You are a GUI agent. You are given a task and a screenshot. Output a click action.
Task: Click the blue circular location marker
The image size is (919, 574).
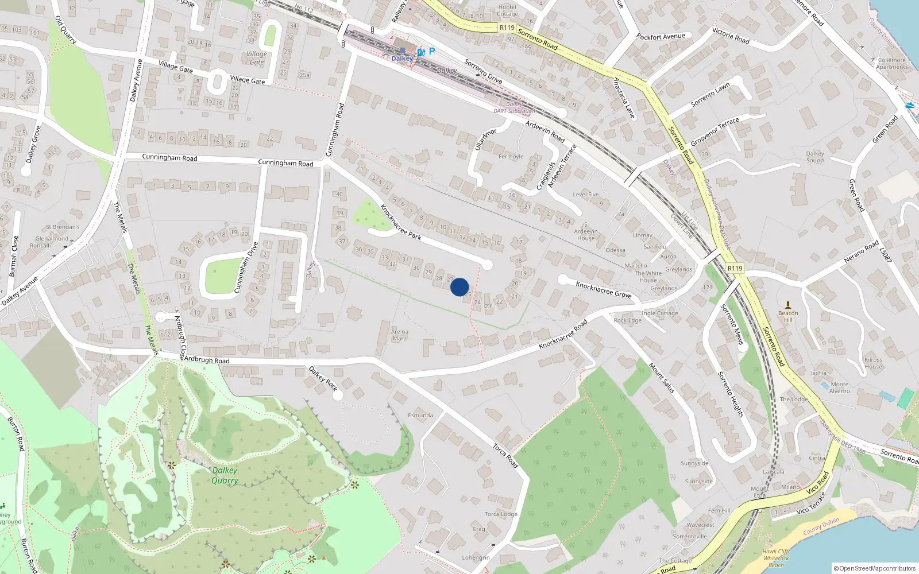tap(459, 287)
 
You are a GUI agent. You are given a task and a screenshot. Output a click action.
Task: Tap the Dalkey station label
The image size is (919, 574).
tap(402, 59)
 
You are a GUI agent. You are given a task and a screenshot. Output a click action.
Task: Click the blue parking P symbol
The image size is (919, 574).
tap(431, 51)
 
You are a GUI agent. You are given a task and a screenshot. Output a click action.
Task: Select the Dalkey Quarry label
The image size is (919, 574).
tap(225, 475)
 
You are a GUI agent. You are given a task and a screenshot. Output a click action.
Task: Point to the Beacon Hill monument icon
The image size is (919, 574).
tap(788, 304)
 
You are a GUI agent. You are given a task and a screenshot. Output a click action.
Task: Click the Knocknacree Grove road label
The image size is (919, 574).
tap(604, 289)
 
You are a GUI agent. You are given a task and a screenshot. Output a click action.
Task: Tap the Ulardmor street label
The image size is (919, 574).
tap(485, 139)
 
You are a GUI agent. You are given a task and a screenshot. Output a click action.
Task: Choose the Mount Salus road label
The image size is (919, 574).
tap(662, 377)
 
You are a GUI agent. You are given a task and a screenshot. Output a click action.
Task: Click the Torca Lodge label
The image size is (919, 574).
tap(501, 514)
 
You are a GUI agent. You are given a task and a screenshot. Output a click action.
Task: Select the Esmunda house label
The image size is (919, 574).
tap(420, 415)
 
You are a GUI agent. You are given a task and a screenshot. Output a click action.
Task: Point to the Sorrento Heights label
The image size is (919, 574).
tap(731, 394)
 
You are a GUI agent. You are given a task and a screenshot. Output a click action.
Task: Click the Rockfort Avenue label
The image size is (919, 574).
tap(661, 37)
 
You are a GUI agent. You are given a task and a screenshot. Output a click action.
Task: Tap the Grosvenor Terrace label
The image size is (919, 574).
tap(715, 132)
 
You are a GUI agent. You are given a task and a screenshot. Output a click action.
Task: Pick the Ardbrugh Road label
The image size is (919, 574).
tap(207, 360)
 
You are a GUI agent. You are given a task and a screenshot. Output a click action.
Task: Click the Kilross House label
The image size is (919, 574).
tap(873, 363)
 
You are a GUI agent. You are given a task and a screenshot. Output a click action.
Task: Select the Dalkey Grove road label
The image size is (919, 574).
tap(33, 143)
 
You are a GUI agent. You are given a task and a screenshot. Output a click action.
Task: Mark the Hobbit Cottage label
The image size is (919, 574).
tap(507, 10)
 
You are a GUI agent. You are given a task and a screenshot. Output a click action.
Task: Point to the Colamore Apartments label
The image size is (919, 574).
tap(891, 63)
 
